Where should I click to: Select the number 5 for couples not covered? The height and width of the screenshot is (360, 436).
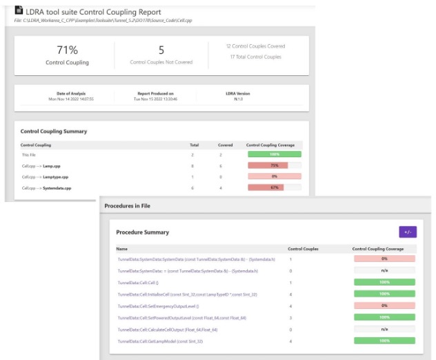tap(161, 50)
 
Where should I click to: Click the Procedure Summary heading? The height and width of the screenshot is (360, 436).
tap(143, 232)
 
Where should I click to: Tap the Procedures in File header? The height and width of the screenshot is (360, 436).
tap(127, 206)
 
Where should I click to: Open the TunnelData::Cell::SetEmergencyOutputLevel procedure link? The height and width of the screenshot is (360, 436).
tap(158, 305)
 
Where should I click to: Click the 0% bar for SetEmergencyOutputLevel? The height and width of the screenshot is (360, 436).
tap(384, 305)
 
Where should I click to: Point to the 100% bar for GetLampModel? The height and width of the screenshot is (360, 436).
tap(384, 340)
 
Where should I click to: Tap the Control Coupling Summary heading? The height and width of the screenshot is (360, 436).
tap(54, 131)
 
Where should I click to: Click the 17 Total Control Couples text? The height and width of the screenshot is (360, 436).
tap(255, 57)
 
